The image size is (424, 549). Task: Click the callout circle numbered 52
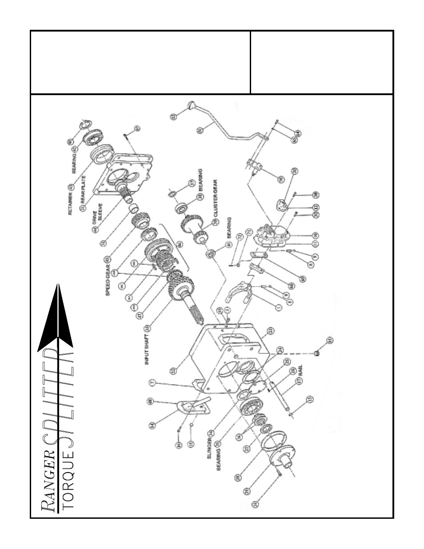point(173,117)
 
